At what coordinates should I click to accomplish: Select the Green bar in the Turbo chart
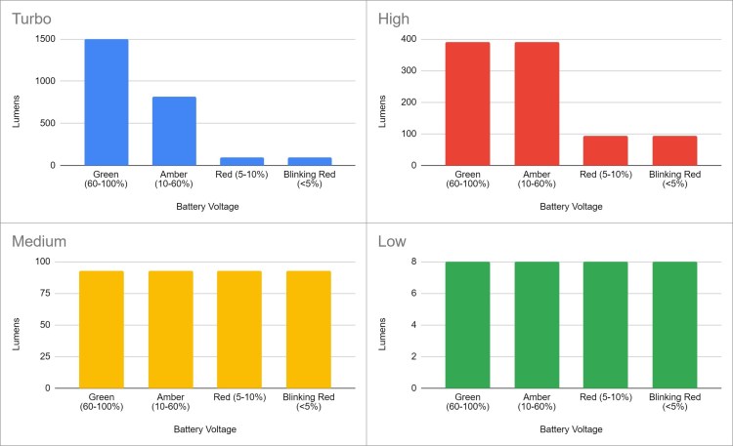coord(106,102)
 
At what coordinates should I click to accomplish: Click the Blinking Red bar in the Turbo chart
coord(310,161)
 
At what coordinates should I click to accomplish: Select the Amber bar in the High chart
coord(536,103)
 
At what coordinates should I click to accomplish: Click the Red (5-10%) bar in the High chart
coord(605,150)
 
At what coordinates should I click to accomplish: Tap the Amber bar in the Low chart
coord(536,324)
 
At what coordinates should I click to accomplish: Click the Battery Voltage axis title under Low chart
coord(570,429)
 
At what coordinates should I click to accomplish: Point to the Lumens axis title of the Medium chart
coord(21,324)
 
